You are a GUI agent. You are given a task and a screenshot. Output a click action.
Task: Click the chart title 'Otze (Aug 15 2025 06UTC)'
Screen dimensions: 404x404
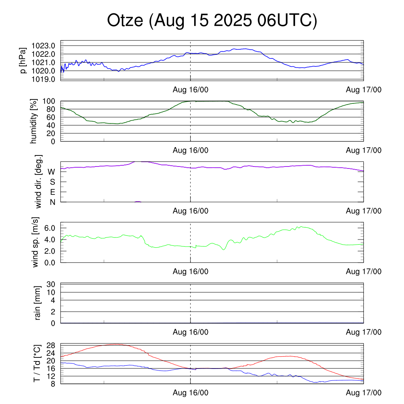point(212,21)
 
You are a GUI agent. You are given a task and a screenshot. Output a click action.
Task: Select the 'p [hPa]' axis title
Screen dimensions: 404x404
point(23,60)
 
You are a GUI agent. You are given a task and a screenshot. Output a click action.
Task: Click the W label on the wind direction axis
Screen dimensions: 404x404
point(51,172)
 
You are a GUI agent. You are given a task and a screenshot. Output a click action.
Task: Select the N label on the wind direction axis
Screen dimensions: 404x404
point(52,202)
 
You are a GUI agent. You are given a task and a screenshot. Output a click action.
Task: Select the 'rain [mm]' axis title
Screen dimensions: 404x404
point(38,303)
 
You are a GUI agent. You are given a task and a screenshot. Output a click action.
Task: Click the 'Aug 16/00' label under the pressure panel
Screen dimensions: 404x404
point(191,90)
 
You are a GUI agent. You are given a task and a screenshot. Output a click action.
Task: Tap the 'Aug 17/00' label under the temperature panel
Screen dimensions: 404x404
point(364,393)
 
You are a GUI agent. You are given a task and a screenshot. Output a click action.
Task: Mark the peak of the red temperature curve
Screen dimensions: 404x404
point(115,344)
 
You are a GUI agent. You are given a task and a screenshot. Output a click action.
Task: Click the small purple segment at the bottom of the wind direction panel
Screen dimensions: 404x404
point(138,202)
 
